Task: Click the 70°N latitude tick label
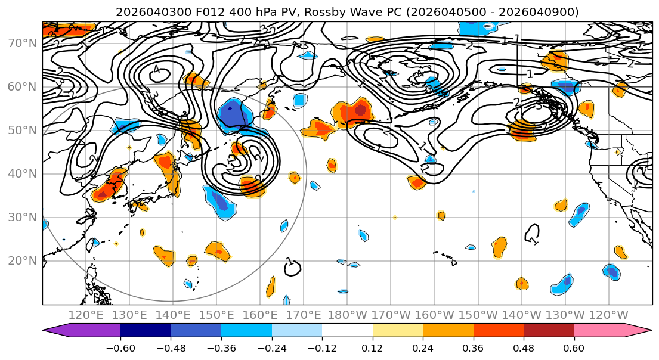[21, 44]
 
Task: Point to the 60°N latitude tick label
[21, 87]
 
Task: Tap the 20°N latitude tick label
[21, 261]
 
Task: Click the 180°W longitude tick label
[347, 315]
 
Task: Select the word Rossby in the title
[301, 12]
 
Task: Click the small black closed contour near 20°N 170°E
[292, 268]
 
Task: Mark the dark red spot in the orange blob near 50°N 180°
[361, 110]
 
